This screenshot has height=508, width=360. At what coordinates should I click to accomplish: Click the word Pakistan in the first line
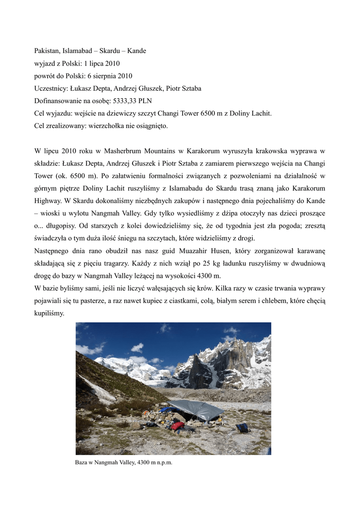47,51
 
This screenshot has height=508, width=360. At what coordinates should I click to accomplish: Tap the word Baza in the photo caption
81,462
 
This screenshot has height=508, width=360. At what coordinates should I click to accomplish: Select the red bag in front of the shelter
177,426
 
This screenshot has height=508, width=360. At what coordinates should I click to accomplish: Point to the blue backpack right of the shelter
243,427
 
